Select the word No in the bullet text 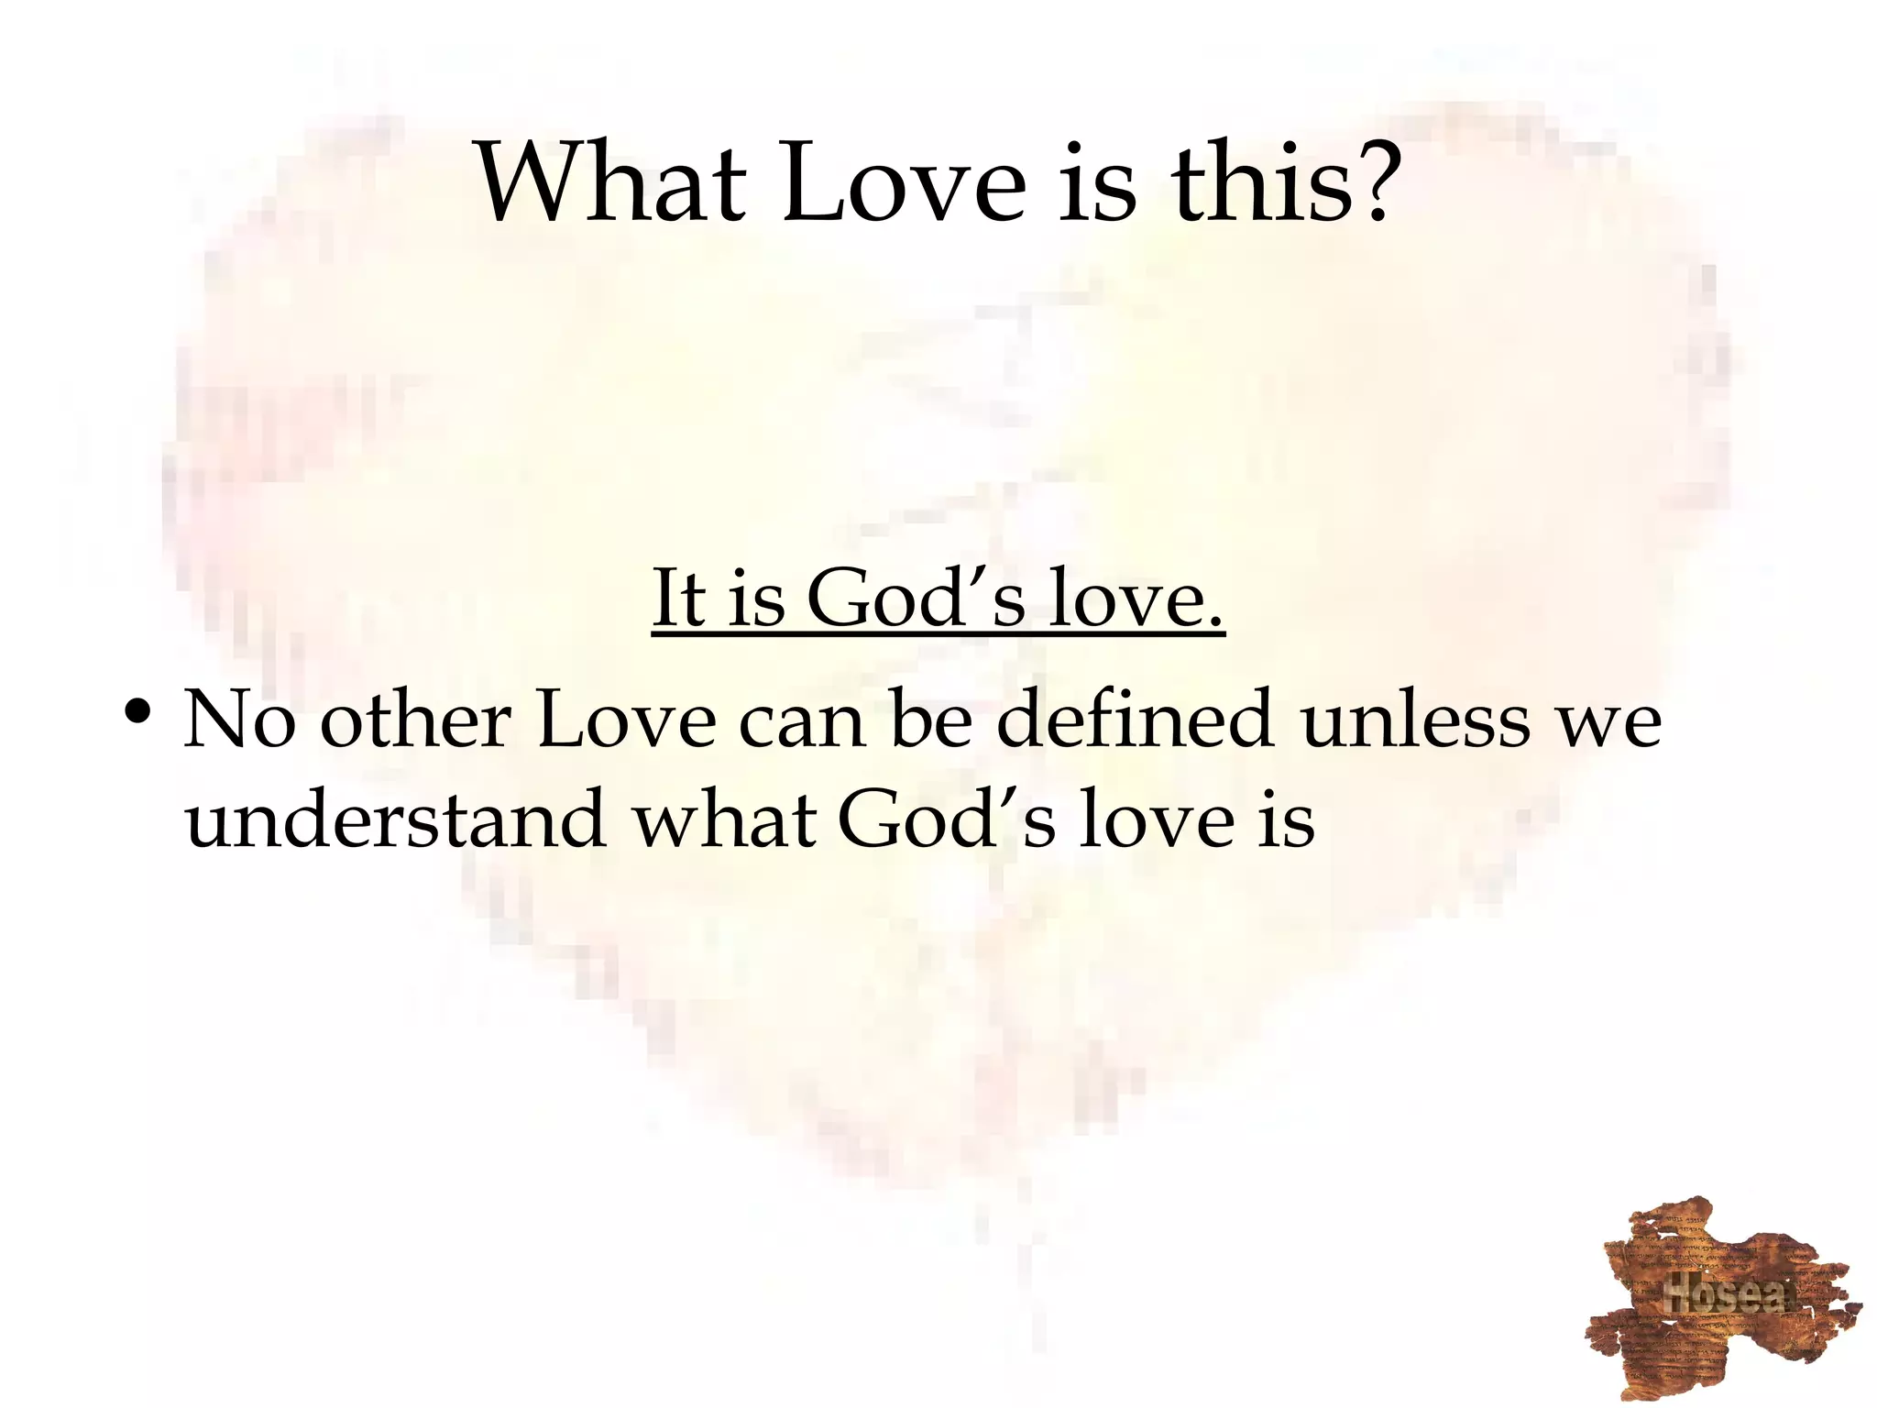(x=240, y=720)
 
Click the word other (x=414, y=720)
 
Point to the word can (x=802, y=720)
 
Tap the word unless (x=1416, y=720)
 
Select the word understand (x=395, y=819)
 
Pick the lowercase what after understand (x=724, y=819)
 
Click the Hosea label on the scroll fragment (x=1724, y=1293)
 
